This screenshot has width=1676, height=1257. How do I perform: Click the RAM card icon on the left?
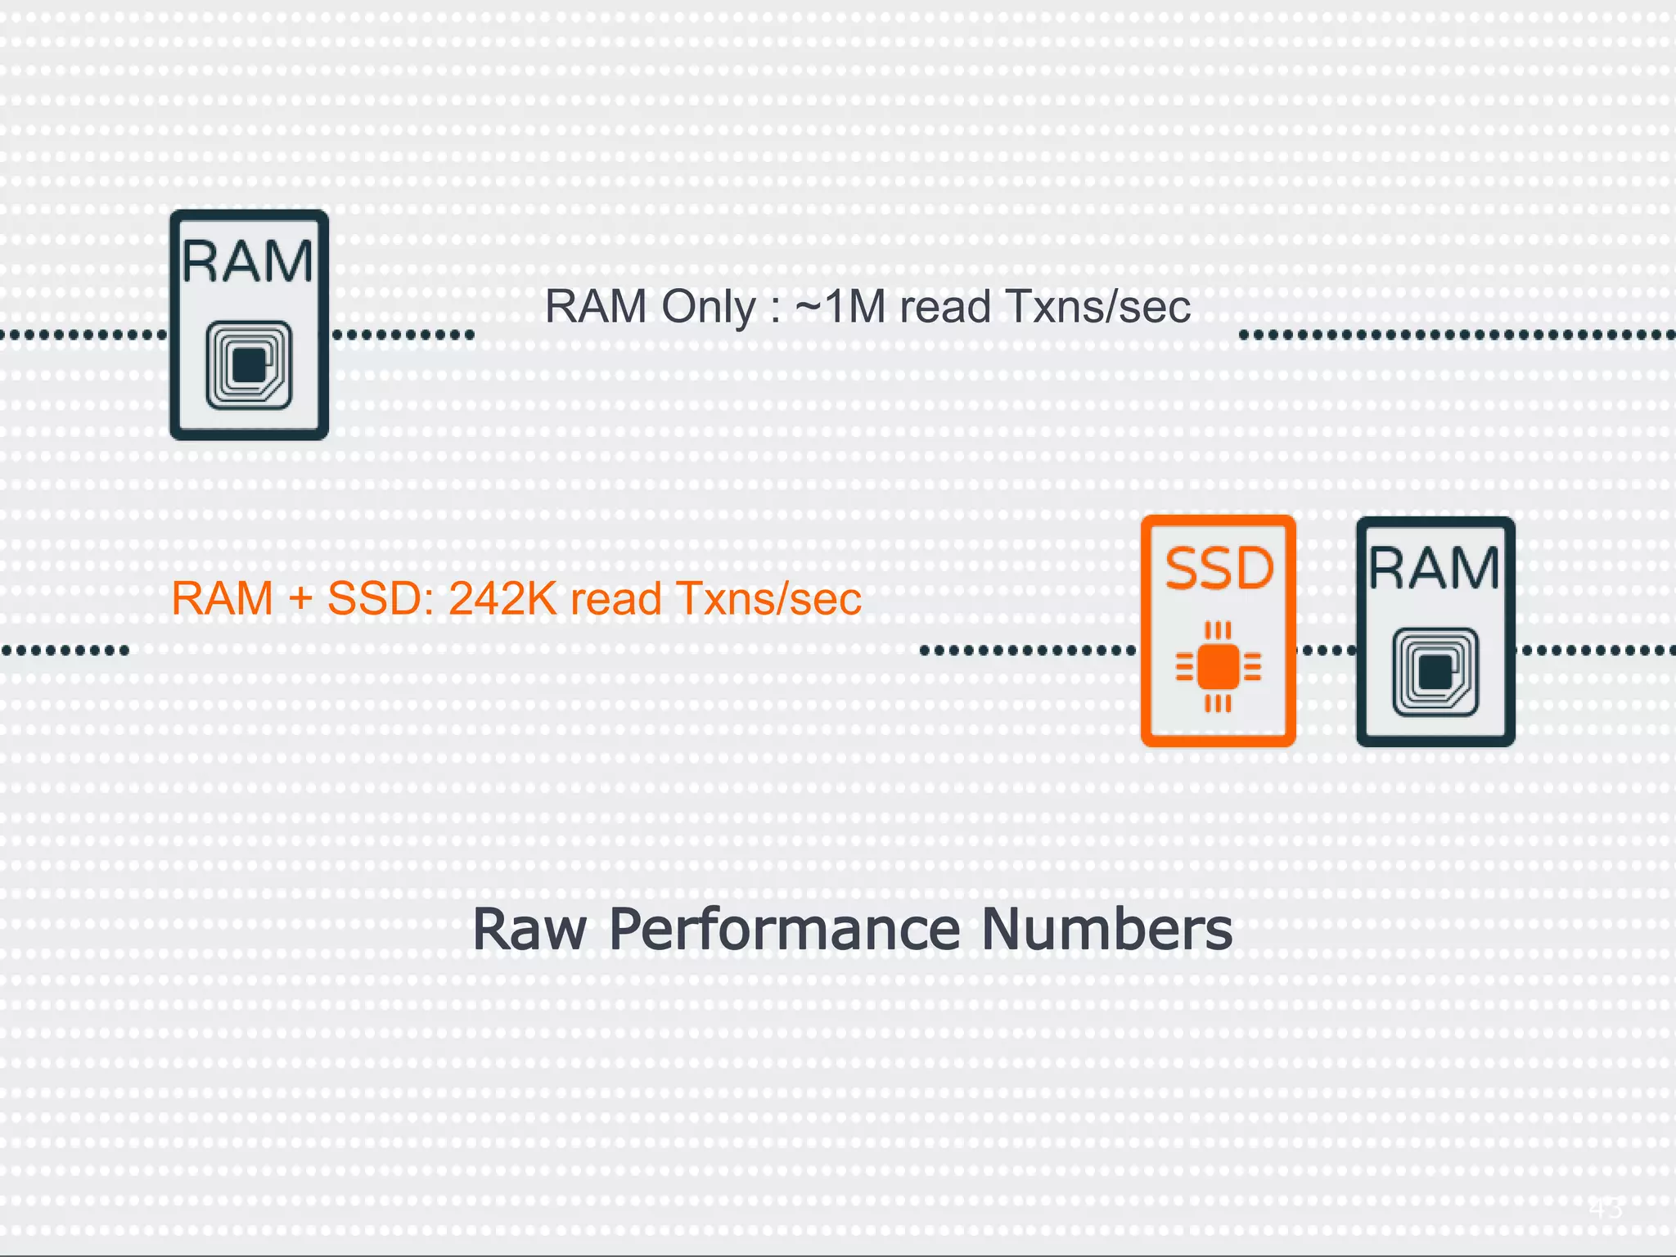coord(249,325)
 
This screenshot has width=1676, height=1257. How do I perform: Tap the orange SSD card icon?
coord(1218,631)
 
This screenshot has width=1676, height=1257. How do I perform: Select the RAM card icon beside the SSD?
coord(1435,631)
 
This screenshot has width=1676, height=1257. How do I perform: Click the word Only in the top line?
coord(708,308)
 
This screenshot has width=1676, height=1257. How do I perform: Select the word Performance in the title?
coord(785,930)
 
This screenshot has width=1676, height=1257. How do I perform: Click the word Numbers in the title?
coord(1106,930)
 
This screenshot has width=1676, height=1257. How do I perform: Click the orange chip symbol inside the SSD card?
coord(1218,667)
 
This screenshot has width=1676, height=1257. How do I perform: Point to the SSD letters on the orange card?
coord(1219,569)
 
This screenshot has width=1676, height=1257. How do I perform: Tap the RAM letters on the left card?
coord(248,262)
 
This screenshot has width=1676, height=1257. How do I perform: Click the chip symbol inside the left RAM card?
coord(249,365)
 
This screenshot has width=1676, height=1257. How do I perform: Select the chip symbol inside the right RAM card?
coord(1435,672)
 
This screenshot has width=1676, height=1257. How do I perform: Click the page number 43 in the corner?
coord(1606,1208)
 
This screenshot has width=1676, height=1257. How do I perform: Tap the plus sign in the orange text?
coord(300,599)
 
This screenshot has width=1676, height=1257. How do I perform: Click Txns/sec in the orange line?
coord(768,599)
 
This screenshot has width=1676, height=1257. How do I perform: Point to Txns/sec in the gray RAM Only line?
coord(1097,308)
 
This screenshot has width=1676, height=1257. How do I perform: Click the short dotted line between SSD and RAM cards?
coord(1326,651)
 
